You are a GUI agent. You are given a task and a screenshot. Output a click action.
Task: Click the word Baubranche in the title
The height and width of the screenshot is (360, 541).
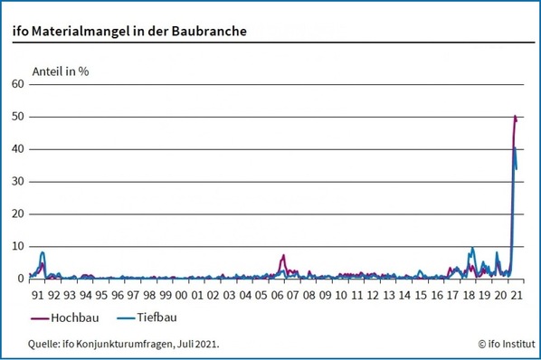click(209, 32)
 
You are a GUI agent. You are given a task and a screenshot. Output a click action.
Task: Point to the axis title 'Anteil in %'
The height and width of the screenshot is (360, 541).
click(61, 70)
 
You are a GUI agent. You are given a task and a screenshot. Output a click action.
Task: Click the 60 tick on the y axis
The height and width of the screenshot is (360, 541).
click(18, 84)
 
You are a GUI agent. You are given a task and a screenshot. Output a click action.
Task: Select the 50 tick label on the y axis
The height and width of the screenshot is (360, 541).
click(18, 117)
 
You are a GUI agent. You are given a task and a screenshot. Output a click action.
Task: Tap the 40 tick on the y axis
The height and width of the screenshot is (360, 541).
click(18, 149)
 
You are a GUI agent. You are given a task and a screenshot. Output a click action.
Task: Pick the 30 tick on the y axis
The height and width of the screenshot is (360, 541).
click(18, 182)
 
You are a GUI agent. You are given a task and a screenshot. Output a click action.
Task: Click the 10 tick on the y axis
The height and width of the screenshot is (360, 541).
click(18, 246)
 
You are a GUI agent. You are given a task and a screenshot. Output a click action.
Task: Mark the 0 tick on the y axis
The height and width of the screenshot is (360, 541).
click(21, 279)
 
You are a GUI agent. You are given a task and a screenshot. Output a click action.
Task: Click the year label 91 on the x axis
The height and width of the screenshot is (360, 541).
click(37, 294)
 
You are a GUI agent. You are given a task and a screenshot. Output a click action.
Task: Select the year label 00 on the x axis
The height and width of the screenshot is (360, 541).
click(181, 294)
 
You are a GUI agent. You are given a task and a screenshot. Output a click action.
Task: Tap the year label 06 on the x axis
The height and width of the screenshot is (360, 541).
click(277, 294)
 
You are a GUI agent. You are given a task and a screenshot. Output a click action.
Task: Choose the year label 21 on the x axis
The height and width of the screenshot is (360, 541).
click(516, 294)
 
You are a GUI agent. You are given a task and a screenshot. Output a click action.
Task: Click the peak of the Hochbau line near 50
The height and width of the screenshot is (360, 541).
click(515, 116)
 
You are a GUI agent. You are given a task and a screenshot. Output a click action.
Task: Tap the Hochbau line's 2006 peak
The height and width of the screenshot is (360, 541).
click(283, 255)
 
